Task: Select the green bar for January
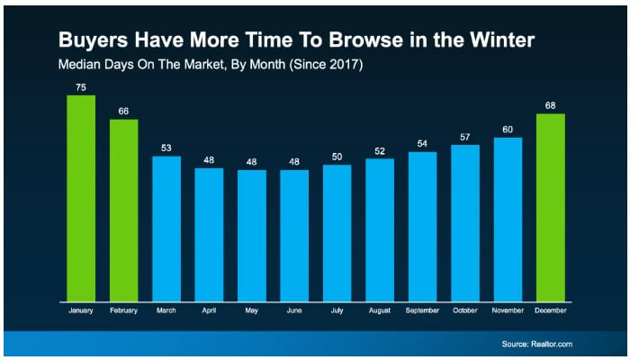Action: point(81,198)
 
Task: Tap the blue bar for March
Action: point(166,229)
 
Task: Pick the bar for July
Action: point(337,233)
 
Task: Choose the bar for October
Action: point(465,222)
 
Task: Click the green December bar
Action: point(551,207)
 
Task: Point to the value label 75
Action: point(81,87)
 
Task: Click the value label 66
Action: point(123,111)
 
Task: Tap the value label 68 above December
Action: point(551,105)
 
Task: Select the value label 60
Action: point(508,129)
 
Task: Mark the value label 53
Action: point(166,148)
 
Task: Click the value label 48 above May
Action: point(252,161)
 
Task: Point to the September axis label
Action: point(422,311)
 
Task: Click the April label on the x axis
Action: point(209,311)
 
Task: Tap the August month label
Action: point(380,311)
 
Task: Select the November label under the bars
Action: point(508,311)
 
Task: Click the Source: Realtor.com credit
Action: point(537,344)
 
